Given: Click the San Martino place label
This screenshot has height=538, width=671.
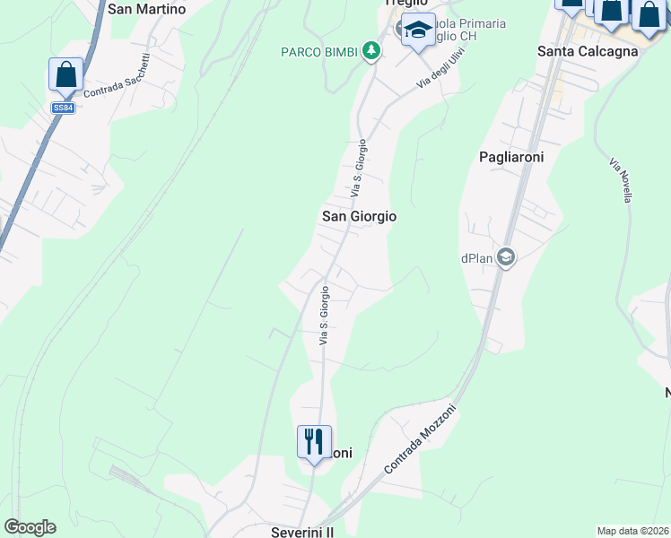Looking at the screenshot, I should tap(146, 10).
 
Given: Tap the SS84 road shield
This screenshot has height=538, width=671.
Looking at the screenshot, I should tap(63, 108).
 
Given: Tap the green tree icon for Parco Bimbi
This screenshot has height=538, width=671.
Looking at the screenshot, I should tap(371, 52).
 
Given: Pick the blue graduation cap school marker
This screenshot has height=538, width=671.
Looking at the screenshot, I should tap(418, 30).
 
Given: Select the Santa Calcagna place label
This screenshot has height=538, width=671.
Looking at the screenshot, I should tap(588, 51).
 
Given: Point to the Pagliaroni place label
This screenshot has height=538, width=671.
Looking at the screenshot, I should tap(512, 156).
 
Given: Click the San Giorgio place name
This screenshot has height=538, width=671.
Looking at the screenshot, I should tap(359, 217).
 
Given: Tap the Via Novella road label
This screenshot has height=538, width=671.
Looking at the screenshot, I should tap(621, 180).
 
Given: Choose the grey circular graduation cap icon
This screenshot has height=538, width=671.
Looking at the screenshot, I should tap(505, 258).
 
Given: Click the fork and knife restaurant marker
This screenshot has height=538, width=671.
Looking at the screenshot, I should tap(314, 442).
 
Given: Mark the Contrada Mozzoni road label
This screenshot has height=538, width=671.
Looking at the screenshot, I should tap(420, 439).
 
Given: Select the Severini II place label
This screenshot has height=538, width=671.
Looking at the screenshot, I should tap(302, 532).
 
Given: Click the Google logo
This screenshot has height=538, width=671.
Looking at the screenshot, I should tap(30, 527).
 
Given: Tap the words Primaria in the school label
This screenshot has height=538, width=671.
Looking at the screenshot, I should tap(481, 22).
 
